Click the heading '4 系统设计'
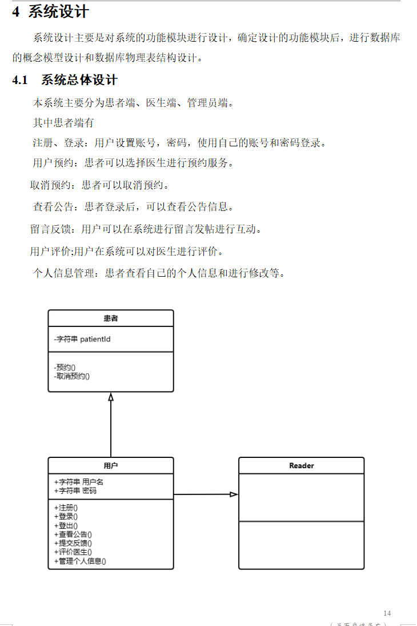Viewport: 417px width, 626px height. (51, 11)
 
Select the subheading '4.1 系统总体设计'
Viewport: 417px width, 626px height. (65, 80)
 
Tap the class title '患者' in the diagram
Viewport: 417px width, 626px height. (111, 318)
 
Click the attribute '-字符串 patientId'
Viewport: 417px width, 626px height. (82, 339)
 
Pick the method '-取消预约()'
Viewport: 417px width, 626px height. (72, 376)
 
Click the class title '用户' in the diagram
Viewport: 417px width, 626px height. (111, 466)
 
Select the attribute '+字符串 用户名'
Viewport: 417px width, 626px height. (79, 482)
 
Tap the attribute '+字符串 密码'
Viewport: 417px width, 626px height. (75, 491)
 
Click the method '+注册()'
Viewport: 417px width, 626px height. (66, 508)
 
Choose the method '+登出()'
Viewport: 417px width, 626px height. (66, 525)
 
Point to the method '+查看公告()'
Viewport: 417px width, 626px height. (73, 535)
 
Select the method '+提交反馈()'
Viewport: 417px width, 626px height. (73, 543)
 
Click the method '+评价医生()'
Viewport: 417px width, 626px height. (73, 552)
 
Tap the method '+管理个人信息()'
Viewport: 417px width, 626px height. (80, 561)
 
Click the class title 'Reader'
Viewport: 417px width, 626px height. (302, 466)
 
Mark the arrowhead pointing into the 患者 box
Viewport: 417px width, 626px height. (111, 397)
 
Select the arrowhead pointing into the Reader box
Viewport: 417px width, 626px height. (234, 494)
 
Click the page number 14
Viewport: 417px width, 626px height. (387, 613)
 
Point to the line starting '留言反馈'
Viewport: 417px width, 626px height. (146, 229)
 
